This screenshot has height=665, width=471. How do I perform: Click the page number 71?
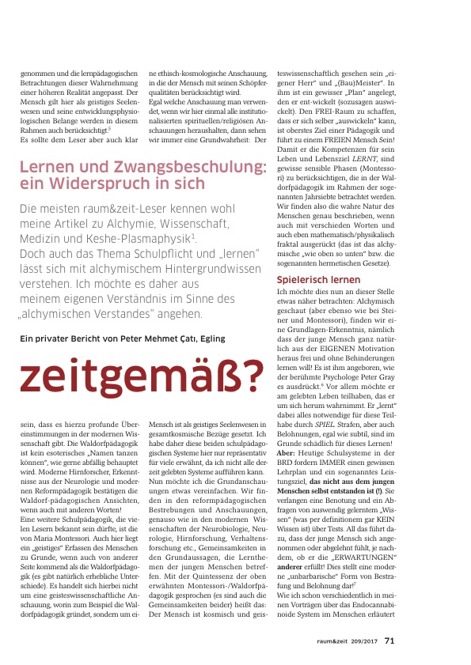click(390, 640)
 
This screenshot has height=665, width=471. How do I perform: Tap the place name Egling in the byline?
click(210, 338)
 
